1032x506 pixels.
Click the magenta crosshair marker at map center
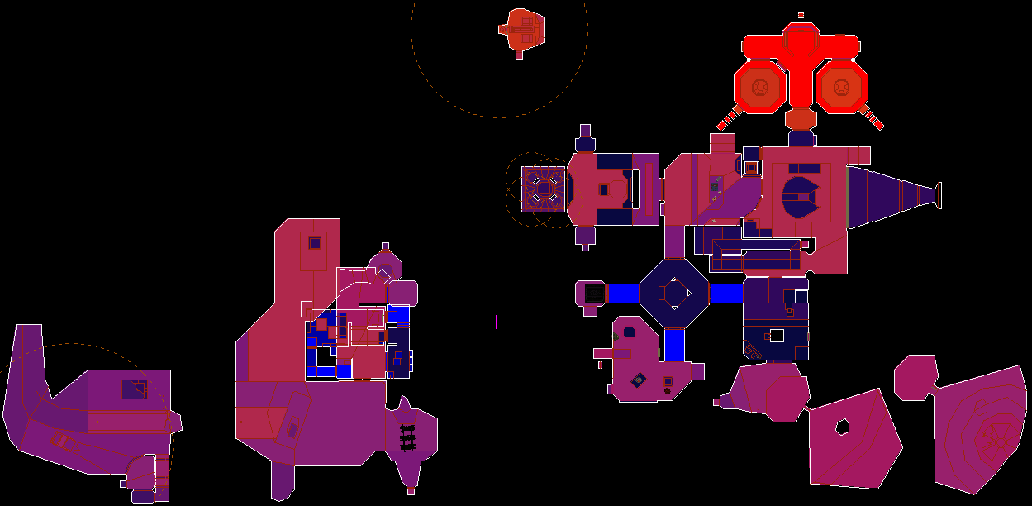point(496,322)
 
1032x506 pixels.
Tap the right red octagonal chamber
point(842,87)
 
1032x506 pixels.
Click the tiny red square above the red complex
point(801,15)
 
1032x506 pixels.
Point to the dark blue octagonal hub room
point(675,293)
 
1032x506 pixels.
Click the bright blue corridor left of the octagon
point(624,293)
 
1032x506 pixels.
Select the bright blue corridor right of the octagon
point(726,293)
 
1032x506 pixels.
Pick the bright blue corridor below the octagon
point(675,345)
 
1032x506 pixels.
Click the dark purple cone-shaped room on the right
point(888,195)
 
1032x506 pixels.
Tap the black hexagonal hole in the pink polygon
point(842,427)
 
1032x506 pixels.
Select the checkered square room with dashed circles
point(543,189)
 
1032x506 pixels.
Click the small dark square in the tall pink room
point(314,243)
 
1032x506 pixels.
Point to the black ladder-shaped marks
point(407,437)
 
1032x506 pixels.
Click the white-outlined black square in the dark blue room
point(776,336)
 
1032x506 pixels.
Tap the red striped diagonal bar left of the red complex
point(727,120)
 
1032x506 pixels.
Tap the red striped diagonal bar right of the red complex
point(873,120)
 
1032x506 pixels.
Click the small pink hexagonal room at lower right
point(915,378)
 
